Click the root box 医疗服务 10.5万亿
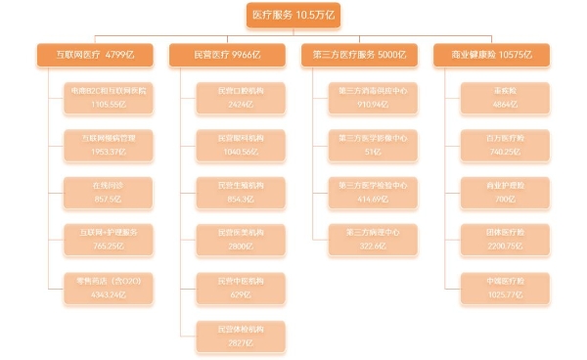coord(293,16)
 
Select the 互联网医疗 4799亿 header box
coord(95,56)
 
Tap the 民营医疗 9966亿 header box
coord(228,56)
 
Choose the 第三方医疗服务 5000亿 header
coord(360,56)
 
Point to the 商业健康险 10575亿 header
coord(492,56)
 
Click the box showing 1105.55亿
coord(109,97)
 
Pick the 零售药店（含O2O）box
coord(109,288)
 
